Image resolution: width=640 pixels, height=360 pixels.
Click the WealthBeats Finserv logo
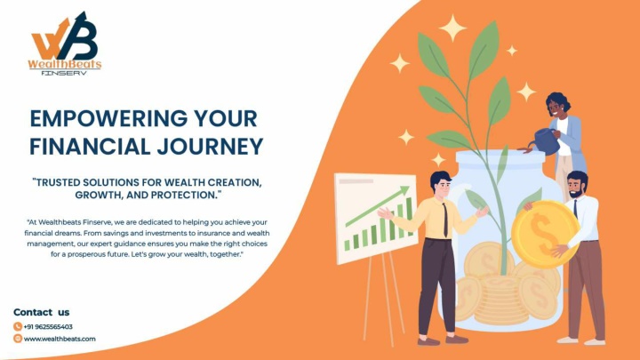65,44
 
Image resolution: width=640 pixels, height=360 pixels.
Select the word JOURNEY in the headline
210,147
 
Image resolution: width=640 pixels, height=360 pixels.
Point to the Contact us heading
41,312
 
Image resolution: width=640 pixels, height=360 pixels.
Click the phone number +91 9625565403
48,326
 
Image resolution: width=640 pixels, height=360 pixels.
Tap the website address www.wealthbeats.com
60,339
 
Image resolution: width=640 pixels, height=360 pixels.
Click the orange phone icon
18,326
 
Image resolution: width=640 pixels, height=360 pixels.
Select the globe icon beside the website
18,339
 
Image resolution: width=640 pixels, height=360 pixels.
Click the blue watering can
546,140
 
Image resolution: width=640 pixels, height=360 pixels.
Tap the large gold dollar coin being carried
545,234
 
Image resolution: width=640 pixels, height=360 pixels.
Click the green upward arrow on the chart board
377,206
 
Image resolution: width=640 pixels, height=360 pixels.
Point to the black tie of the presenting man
445,220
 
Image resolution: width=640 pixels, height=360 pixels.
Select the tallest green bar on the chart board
409,216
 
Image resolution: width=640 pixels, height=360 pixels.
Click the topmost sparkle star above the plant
452,28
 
